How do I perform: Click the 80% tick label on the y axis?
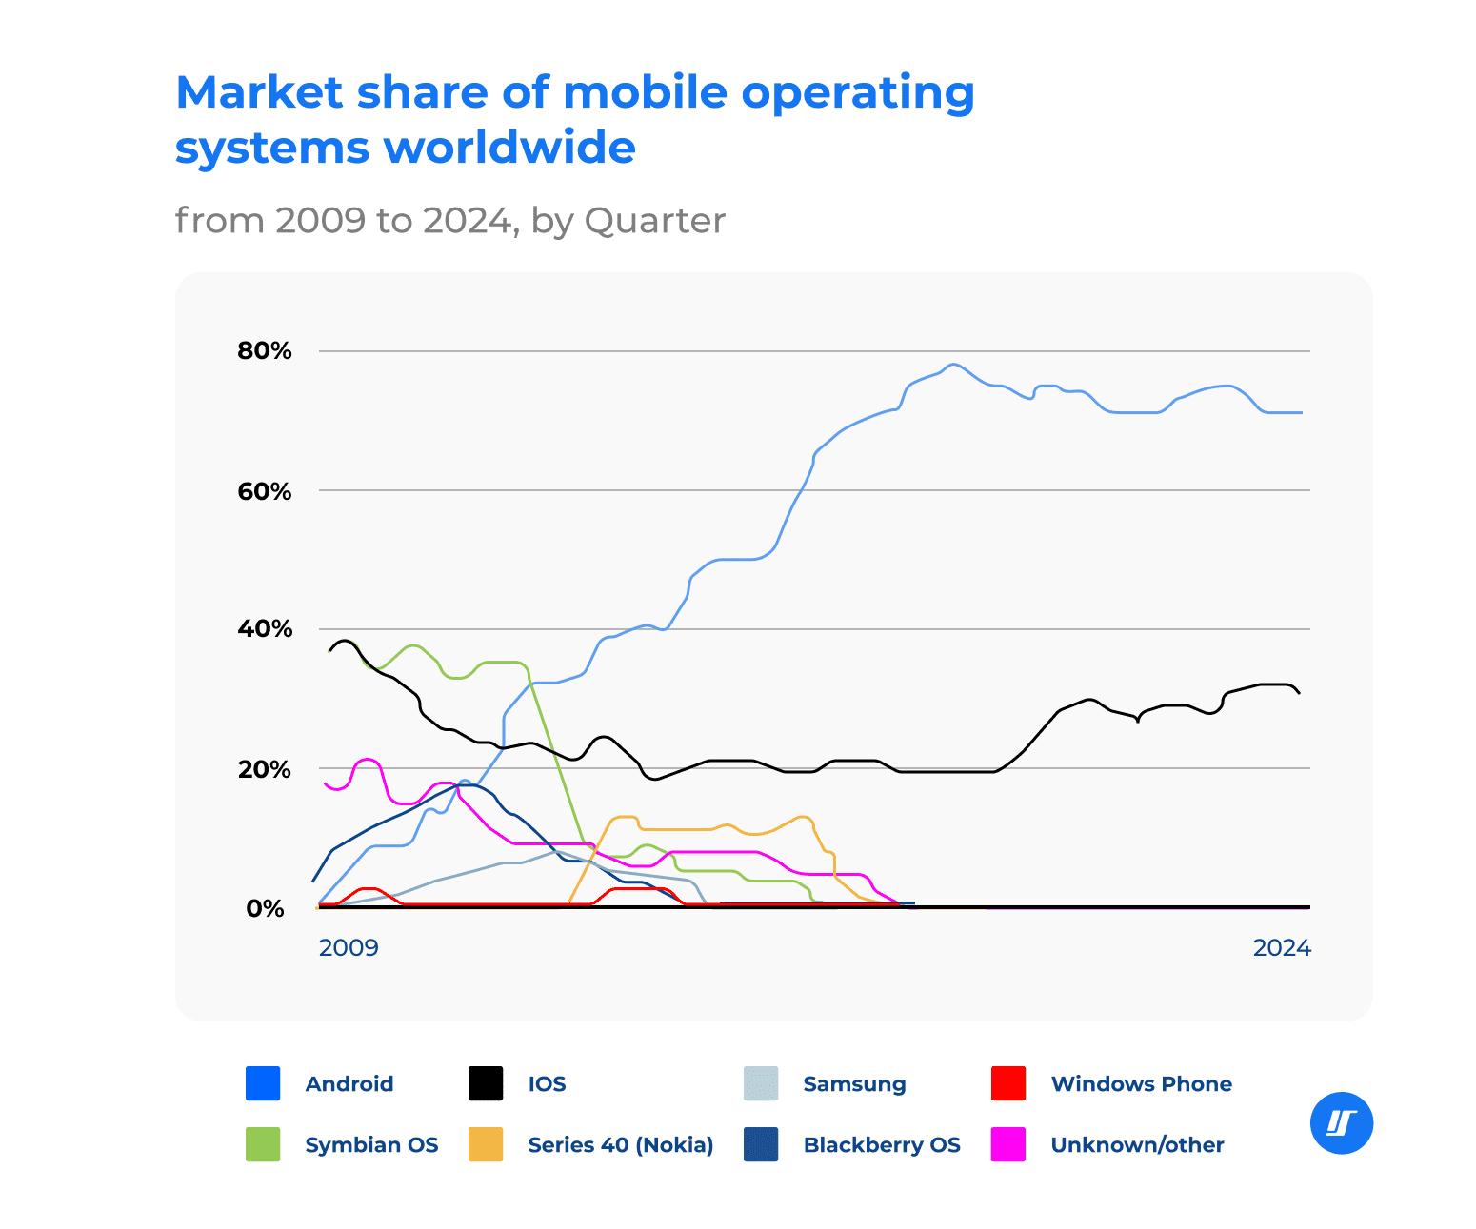pyautogui.click(x=264, y=351)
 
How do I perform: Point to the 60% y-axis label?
pyautogui.click(x=264, y=491)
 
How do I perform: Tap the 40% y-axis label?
pyautogui.click(x=264, y=629)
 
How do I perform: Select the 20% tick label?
pyautogui.click(x=264, y=769)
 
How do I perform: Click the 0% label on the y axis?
pyautogui.click(x=265, y=908)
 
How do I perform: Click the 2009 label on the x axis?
pyautogui.click(x=348, y=948)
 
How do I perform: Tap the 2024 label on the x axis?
pyautogui.click(x=1281, y=948)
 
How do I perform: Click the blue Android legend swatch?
pyautogui.click(x=263, y=1083)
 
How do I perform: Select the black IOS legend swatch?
pyautogui.click(x=486, y=1083)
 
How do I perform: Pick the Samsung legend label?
pyautogui.click(x=854, y=1084)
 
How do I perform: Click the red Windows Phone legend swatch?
pyautogui.click(x=1008, y=1083)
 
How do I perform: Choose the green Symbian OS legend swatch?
pyautogui.click(x=263, y=1144)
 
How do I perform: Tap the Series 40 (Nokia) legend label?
pyautogui.click(x=620, y=1145)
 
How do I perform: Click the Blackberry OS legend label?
pyautogui.click(x=882, y=1145)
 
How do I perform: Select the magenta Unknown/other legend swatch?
pyautogui.click(x=1008, y=1144)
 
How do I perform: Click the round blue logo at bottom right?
pyautogui.click(x=1342, y=1123)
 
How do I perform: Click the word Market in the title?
pyautogui.click(x=259, y=93)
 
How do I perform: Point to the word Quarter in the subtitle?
pyautogui.click(x=654, y=221)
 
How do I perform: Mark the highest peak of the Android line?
pyautogui.click(x=953, y=364)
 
